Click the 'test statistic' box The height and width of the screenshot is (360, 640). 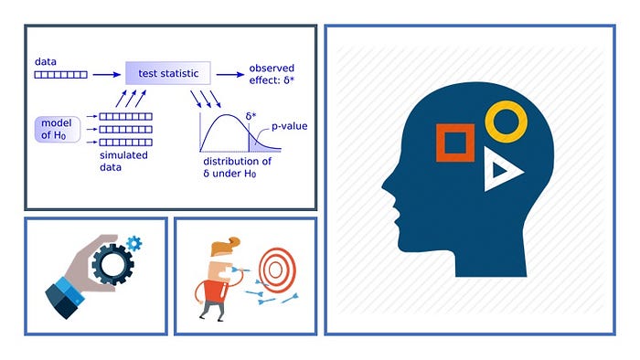(168, 73)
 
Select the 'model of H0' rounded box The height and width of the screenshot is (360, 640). (58, 129)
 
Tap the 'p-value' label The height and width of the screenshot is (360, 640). (290, 126)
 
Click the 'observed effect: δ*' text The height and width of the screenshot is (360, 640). (272, 74)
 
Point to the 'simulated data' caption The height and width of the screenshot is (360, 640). (123, 161)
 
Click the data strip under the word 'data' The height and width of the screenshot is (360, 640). (61, 75)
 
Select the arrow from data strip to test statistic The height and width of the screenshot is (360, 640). (107, 75)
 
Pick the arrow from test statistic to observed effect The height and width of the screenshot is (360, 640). (230, 75)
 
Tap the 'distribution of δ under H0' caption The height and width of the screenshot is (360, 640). (237, 167)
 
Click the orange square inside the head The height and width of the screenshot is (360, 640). (455, 143)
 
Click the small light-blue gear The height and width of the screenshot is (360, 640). (133, 243)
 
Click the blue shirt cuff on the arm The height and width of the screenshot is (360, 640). (70, 290)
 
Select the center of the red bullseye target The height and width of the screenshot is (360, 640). (275, 270)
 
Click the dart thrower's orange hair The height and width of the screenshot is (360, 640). (225, 247)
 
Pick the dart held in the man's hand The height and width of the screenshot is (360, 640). (240, 270)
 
